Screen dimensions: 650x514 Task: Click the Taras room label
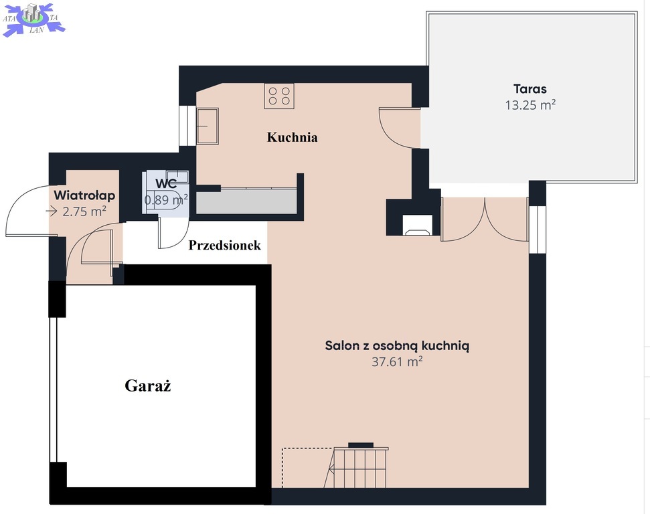click(x=530, y=89)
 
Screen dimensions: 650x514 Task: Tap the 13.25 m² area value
click(x=530, y=105)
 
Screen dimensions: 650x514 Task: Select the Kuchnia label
click(x=293, y=137)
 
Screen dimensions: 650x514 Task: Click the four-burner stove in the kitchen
click(x=279, y=96)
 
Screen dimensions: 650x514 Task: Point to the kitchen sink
click(x=208, y=126)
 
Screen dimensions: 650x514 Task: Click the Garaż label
click(x=148, y=385)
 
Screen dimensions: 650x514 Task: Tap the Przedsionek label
click(x=225, y=245)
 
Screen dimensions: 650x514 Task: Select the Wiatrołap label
click(x=84, y=195)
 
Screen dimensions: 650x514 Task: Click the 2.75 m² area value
click(x=84, y=211)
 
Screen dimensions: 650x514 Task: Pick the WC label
click(x=166, y=183)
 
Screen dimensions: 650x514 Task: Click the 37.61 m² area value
click(x=397, y=361)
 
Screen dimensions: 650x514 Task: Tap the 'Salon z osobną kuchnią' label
click(x=397, y=345)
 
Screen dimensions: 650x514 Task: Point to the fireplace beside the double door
click(x=418, y=225)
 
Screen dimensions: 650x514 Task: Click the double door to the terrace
click(x=485, y=220)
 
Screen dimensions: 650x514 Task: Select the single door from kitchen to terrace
click(x=400, y=127)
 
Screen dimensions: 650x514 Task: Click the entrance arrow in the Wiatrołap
click(x=51, y=211)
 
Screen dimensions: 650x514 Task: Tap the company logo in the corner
click(x=34, y=19)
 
